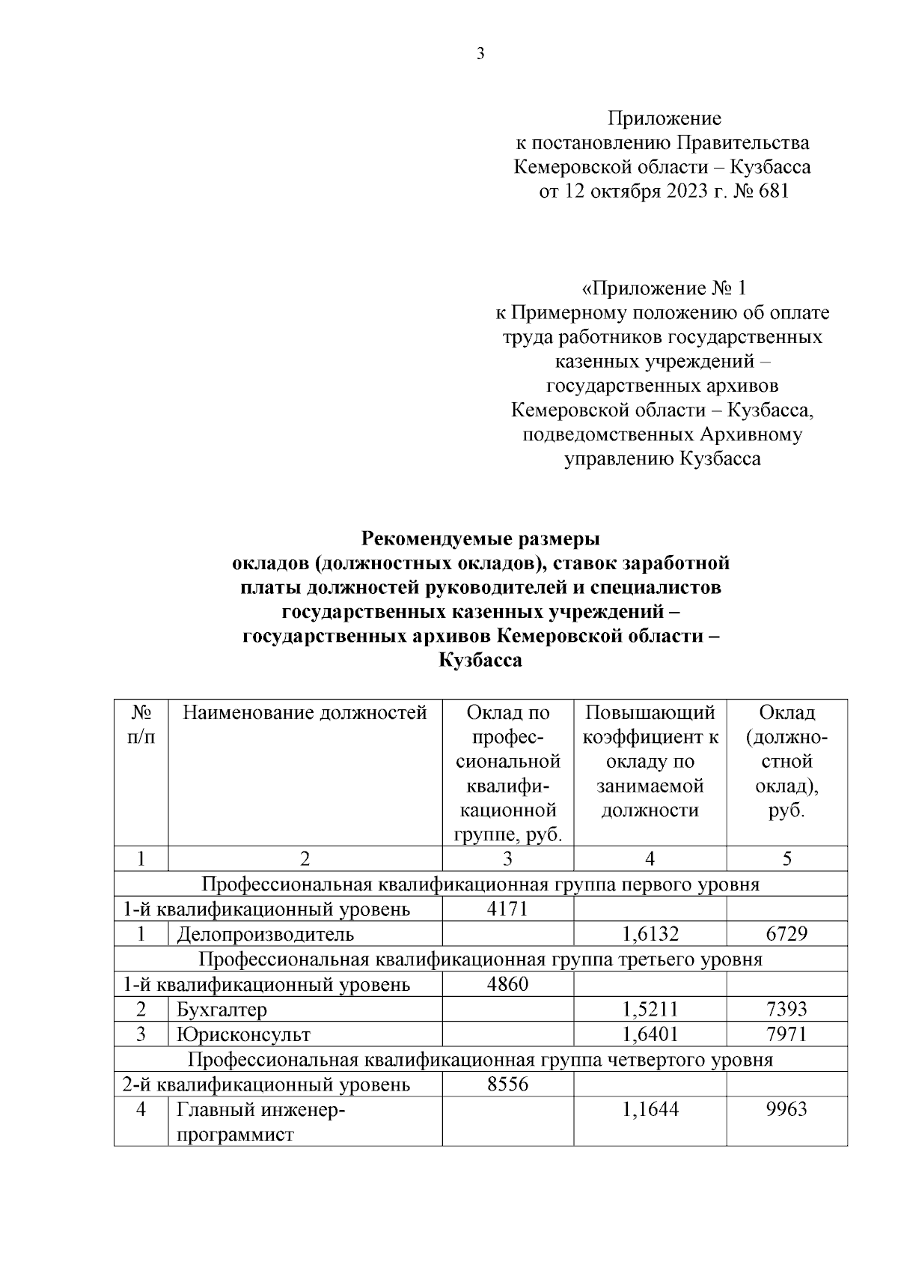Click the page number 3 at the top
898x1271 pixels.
click(x=480, y=53)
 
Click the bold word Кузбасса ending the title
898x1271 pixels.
click(x=480, y=661)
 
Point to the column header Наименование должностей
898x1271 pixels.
click(x=305, y=712)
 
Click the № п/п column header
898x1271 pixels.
click(x=141, y=724)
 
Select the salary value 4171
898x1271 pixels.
click(x=507, y=909)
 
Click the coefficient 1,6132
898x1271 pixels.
click(x=650, y=934)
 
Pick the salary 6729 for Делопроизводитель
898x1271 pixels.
click(x=786, y=934)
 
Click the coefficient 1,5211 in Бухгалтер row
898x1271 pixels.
click(x=650, y=1010)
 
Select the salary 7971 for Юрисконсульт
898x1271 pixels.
click(x=786, y=1034)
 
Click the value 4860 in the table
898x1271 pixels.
click(x=507, y=984)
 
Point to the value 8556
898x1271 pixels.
click(x=507, y=1084)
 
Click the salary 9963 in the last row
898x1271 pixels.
click(x=786, y=1109)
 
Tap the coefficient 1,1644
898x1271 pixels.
click(x=650, y=1109)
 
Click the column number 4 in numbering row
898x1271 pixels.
click(x=650, y=859)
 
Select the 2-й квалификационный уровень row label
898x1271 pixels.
click(x=266, y=1084)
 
